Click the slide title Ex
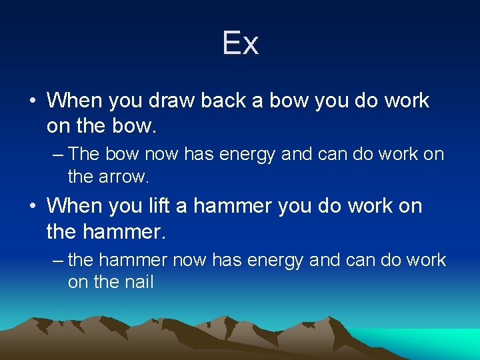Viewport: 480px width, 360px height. coord(240,44)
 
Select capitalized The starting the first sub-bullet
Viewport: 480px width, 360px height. coord(84,154)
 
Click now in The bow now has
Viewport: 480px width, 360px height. coord(157,155)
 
